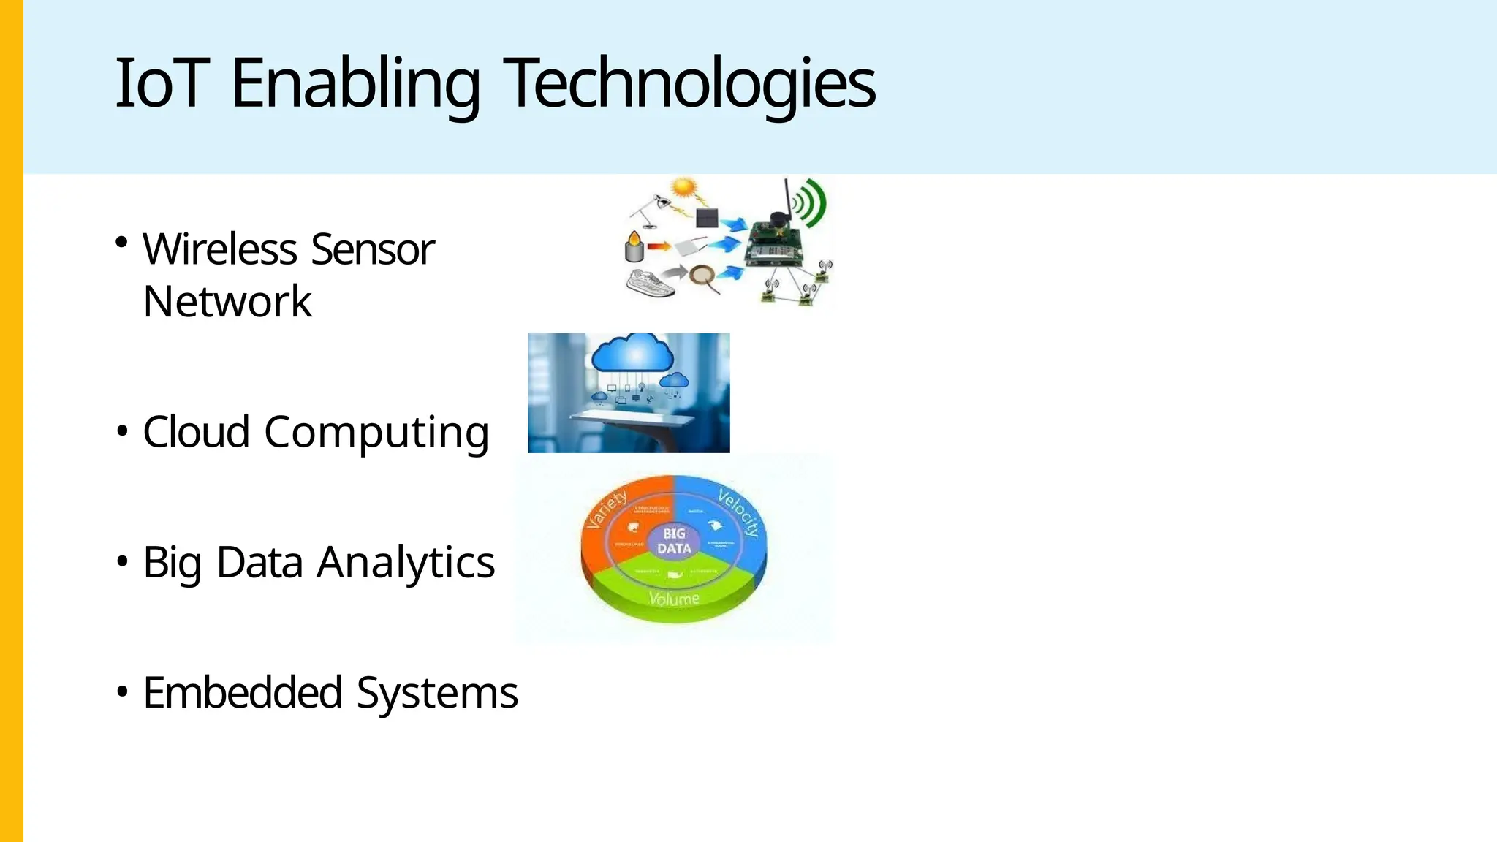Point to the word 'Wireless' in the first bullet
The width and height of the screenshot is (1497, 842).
[x=219, y=249]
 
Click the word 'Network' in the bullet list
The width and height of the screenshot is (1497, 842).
[x=227, y=301]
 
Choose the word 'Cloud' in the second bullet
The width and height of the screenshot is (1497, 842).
[x=196, y=431]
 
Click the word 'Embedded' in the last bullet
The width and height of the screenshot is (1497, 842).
[x=243, y=692]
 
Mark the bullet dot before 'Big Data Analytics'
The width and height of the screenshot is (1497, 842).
[x=122, y=561]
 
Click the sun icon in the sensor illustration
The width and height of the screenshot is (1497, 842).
[x=685, y=188]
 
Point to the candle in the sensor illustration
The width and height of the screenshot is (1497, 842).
[x=634, y=246]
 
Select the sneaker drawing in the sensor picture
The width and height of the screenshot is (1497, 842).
[x=650, y=283]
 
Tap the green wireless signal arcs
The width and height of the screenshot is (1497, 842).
[x=812, y=202]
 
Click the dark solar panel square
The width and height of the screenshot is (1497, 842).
[x=707, y=217]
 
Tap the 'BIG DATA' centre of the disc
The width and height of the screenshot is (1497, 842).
[x=674, y=541]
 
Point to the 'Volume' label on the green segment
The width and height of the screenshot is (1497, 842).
[x=674, y=599]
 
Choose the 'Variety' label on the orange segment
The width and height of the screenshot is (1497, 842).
[x=607, y=509]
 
